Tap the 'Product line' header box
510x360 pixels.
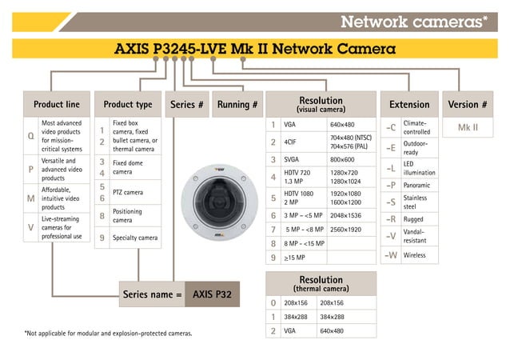[x=56, y=104]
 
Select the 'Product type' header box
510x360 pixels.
[x=128, y=104]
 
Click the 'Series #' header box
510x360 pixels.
[x=187, y=104]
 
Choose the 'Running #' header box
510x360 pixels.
[x=237, y=104]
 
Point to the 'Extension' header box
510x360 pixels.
[x=409, y=104]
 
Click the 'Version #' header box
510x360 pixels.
[x=468, y=104]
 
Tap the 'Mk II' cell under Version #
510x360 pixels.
[x=468, y=127]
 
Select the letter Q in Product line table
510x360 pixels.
[x=30, y=136]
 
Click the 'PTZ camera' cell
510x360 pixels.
[x=128, y=192]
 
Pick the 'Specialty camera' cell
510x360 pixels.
[x=135, y=238]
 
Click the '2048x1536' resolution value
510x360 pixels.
[x=345, y=215]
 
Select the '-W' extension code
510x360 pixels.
[x=390, y=255]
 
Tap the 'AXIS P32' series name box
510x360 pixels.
[x=212, y=294]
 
